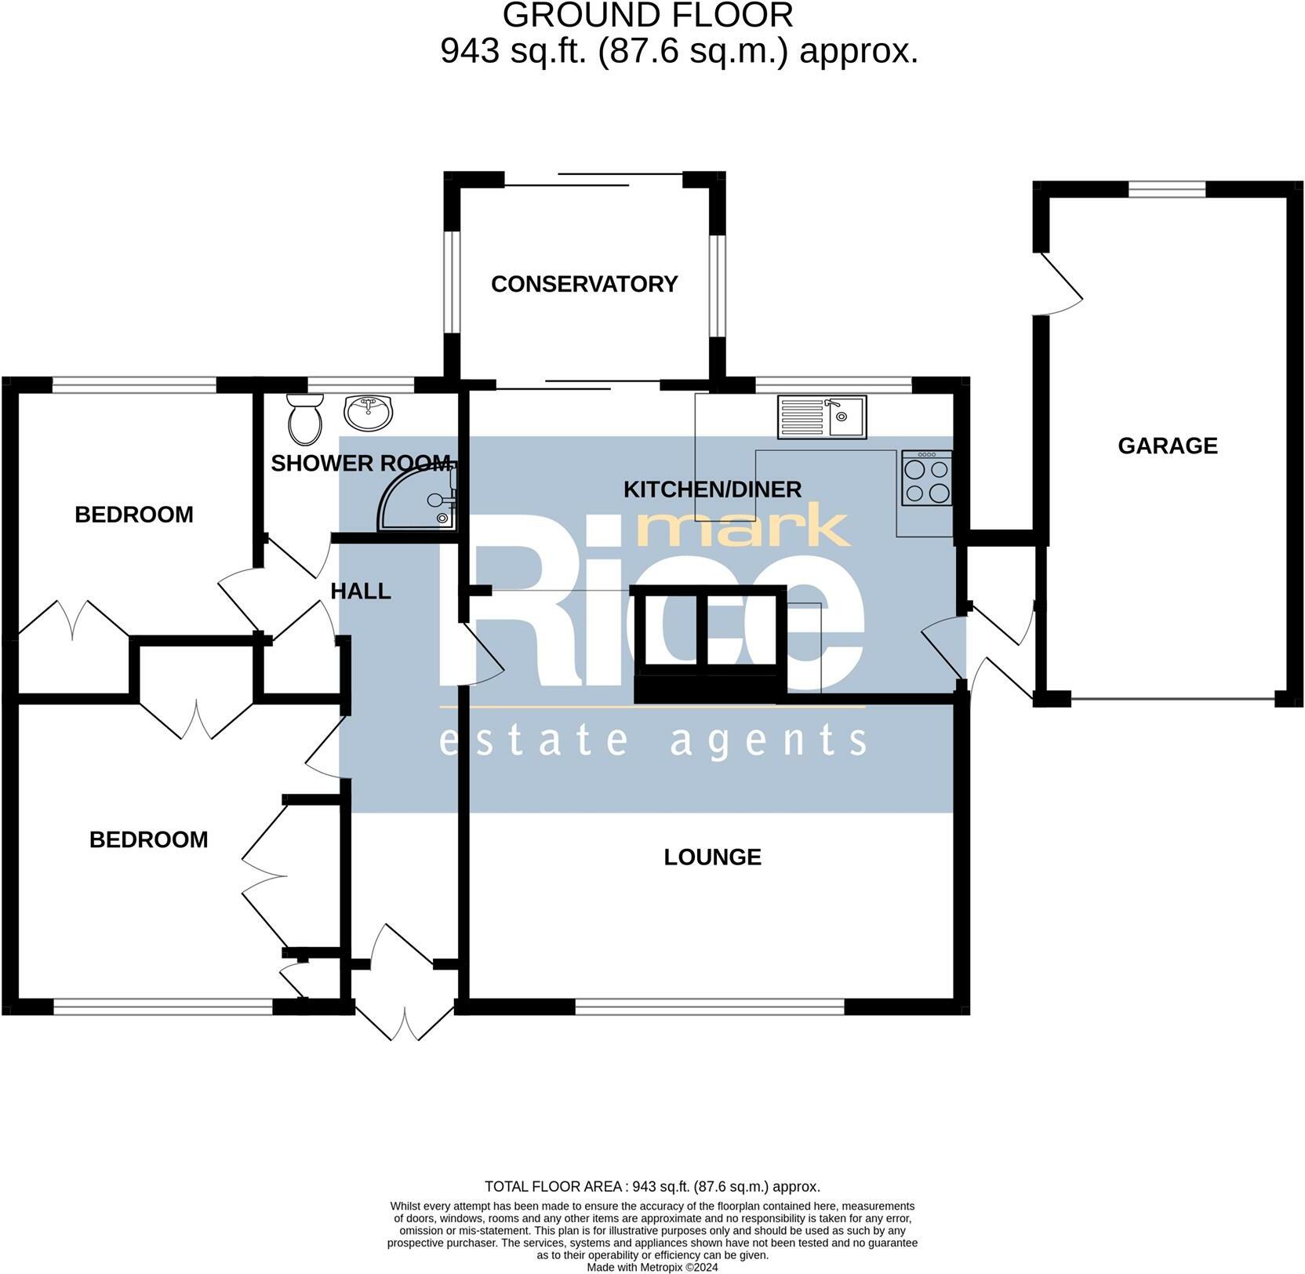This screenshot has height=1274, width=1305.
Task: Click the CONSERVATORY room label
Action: pyautogui.click(x=583, y=284)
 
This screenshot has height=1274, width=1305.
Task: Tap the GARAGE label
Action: pyautogui.click(x=1167, y=446)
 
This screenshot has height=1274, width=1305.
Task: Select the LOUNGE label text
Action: pyautogui.click(x=712, y=857)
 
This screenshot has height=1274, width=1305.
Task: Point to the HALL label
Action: pyautogui.click(x=361, y=591)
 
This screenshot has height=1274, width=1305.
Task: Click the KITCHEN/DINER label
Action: pyautogui.click(x=712, y=490)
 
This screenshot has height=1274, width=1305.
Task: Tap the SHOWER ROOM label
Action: pyautogui.click(x=361, y=463)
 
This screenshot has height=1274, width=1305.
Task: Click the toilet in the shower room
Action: pyautogui.click(x=304, y=418)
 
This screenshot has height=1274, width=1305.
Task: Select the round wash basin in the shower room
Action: pyautogui.click(x=369, y=412)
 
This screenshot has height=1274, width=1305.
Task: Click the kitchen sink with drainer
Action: pyautogui.click(x=822, y=417)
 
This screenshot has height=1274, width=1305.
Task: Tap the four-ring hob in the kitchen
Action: pyautogui.click(x=927, y=479)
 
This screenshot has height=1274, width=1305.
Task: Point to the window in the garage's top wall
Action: pyautogui.click(x=1166, y=189)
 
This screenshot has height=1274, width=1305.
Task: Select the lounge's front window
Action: pyautogui.click(x=710, y=1006)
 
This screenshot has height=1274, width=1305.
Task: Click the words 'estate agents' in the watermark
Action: pyautogui.click(x=652, y=741)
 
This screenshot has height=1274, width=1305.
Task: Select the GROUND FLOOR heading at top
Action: pyautogui.click(x=648, y=16)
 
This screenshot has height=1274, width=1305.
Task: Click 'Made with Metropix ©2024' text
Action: pyautogui.click(x=652, y=1266)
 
